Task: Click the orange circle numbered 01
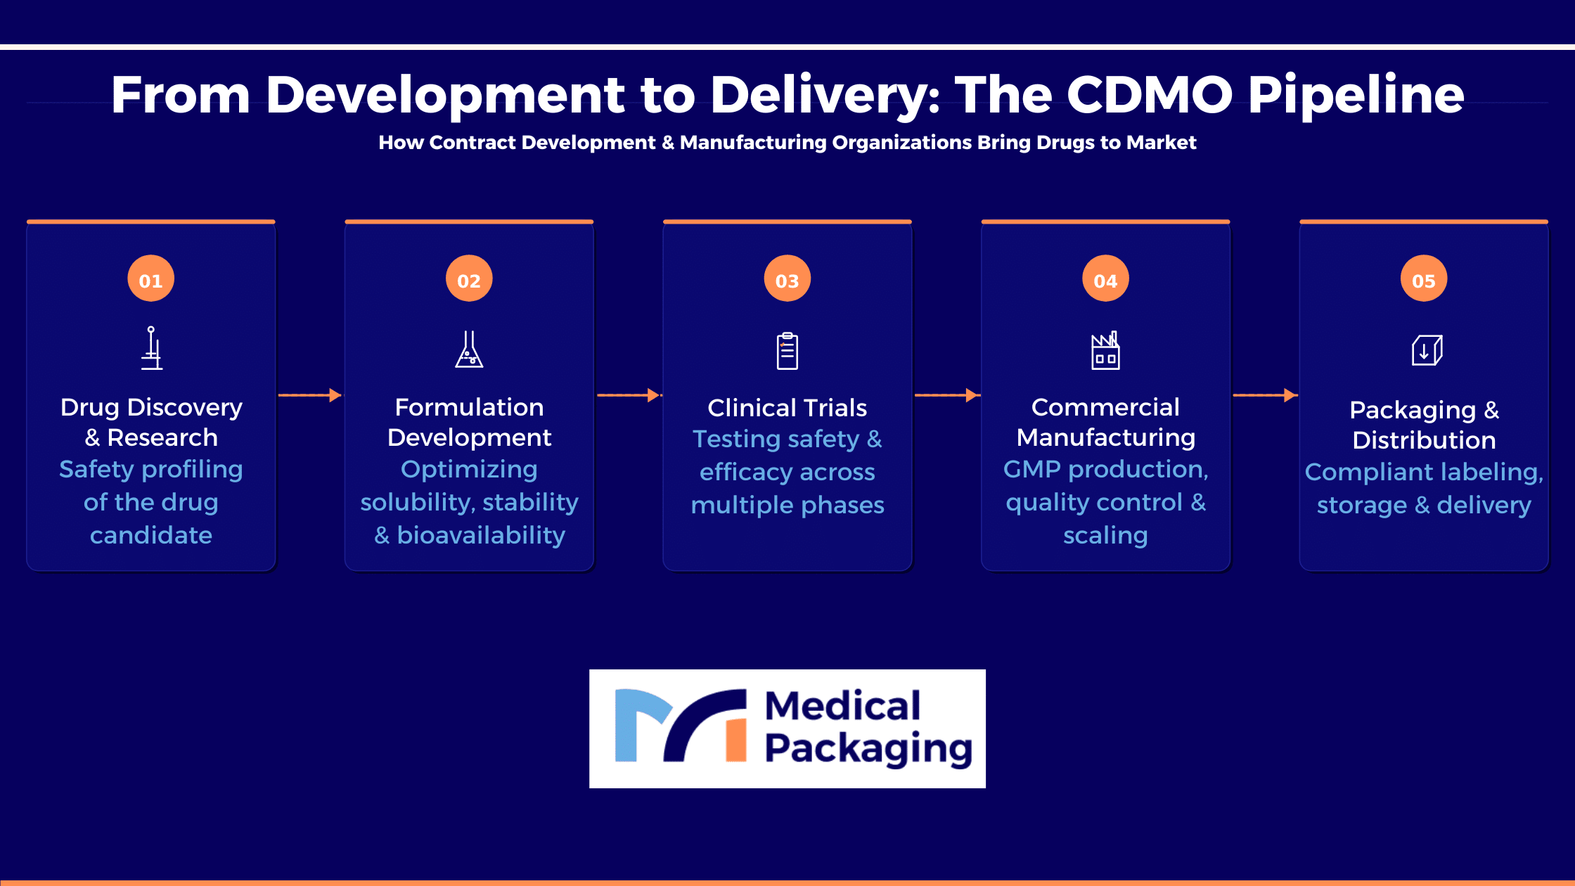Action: [150, 278]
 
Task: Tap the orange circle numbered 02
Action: [469, 278]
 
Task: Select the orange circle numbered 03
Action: [787, 278]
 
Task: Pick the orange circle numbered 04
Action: [1105, 278]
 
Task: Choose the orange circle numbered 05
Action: [1424, 278]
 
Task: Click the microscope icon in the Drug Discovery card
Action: [151, 348]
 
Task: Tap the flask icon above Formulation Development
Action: [469, 349]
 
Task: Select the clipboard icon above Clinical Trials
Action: [787, 350]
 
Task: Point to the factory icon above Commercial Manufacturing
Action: [1105, 350]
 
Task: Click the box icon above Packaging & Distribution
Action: [1427, 350]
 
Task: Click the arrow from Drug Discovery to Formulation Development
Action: [310, 395]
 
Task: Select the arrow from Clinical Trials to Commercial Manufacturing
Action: [946, 395]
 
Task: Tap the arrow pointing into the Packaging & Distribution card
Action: [1265, 395]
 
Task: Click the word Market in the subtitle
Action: [1161, 143]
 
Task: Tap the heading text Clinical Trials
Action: [787, 408]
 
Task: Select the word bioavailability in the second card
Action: [481, 536]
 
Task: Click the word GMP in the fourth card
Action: [1031, 469]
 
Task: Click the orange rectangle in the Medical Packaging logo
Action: [736, 740]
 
